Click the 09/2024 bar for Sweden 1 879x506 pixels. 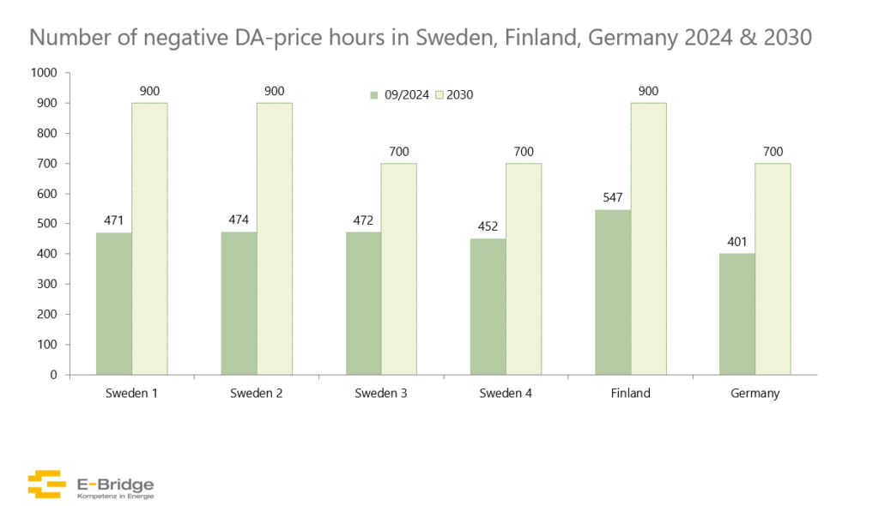coord(113,304)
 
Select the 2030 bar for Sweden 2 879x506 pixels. coord(275,238)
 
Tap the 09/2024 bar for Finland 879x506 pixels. coord(613,292)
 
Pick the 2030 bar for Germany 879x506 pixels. coord(773,268)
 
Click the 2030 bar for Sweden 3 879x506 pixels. coord(399,268)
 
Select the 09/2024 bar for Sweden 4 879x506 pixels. coord(488,306)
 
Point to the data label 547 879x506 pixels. coord(613,196)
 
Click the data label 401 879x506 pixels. coord(737,239)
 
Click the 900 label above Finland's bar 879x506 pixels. coord(649,89)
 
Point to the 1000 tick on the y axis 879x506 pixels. coord(43,73)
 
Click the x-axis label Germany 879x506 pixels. coord(755,394)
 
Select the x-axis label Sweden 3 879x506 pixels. coord(381,394)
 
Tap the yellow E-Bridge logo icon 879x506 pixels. coord(46,484)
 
